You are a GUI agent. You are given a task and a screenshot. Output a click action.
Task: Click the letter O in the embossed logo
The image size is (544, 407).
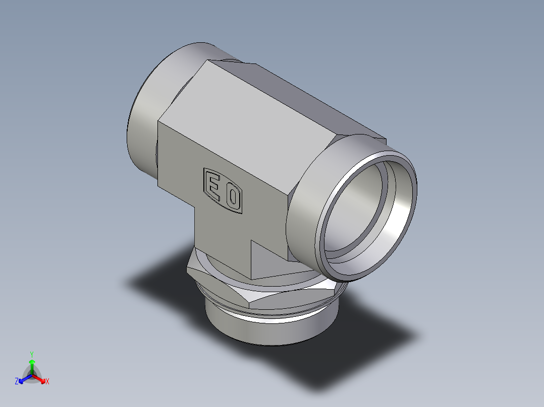[233, 197]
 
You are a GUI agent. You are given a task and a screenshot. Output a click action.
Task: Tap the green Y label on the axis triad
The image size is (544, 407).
[31, 354]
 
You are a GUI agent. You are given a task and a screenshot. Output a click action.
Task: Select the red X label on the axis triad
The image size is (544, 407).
[47, 382]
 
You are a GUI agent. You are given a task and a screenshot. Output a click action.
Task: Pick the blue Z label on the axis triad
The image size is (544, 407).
[17, 382]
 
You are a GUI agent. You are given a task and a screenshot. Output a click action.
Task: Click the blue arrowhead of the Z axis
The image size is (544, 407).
[22, 379]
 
